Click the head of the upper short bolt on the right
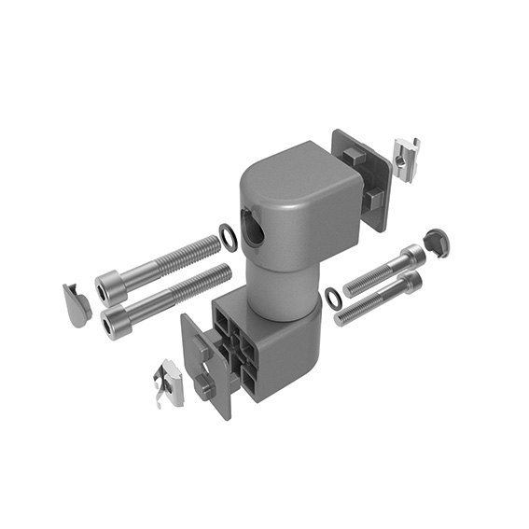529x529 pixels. click(411, 256)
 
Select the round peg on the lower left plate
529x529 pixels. click(204, 385)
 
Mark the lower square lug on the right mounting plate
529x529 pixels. click(369, 199)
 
